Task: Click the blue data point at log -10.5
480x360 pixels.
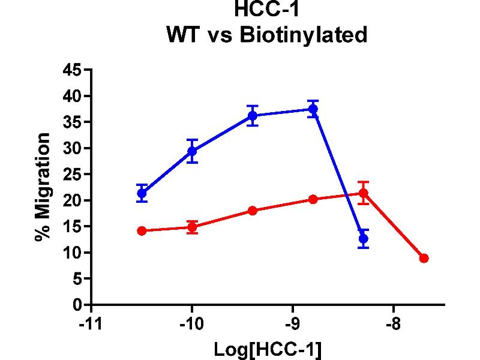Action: click(x=142, y=193)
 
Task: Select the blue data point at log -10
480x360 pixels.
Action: click(x=192, y=151)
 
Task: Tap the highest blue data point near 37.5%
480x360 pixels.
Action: click(x=313, y=109)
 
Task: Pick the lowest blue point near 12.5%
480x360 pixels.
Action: click(x=363, y=238)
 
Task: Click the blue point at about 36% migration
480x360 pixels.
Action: click(x=253, y=115)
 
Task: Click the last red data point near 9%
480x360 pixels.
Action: click(x=424, y=258)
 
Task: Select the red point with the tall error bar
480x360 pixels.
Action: click(x=363, y=193)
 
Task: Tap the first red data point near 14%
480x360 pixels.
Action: click(x=142, y=230)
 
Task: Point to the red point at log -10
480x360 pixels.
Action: click(x=192, y=227)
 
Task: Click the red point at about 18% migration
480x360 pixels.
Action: click(x=253, y=211)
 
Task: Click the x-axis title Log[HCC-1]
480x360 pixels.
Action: click(x=268, y=349)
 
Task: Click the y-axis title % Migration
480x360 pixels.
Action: click(x=42, y=187)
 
